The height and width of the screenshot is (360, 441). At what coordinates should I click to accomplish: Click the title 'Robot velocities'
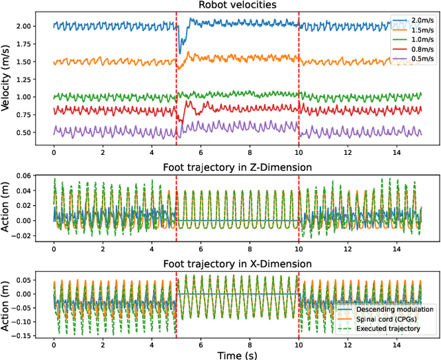(237, 6)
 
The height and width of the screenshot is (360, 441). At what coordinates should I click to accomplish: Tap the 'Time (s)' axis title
(237, 353)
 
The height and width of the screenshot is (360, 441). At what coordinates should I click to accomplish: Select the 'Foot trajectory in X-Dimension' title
(237, 264)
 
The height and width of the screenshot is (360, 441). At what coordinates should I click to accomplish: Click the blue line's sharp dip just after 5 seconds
(181, 52)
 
